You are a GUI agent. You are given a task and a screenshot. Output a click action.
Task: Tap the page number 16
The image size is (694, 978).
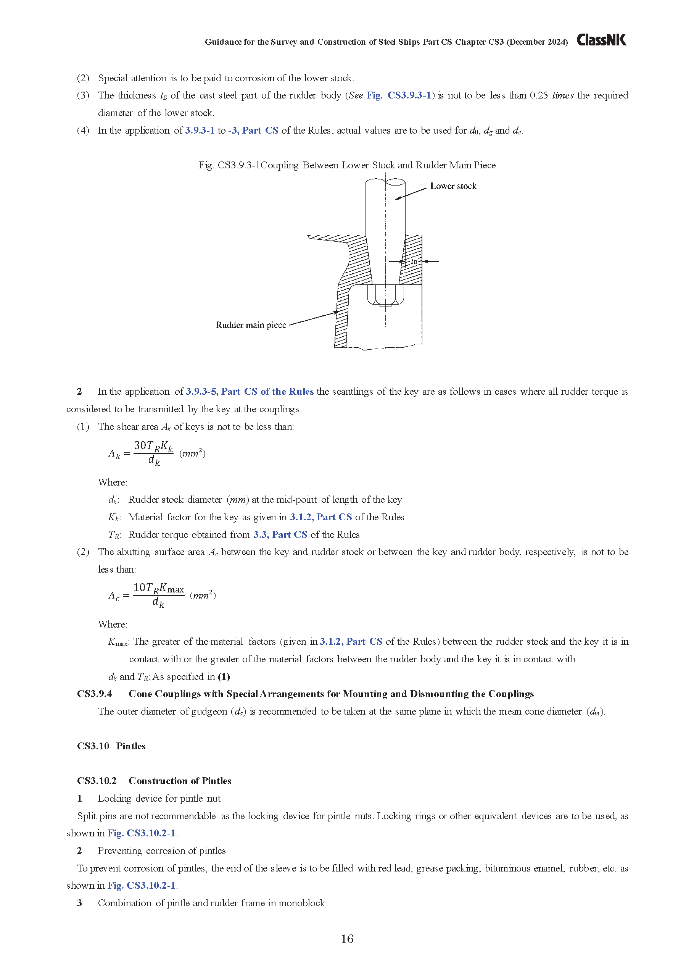[x=347, y=939]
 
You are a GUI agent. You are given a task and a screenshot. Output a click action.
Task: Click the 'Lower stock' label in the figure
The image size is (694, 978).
[x=453, y=186]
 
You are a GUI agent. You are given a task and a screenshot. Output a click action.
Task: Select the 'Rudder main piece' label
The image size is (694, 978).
[x=251, y=325]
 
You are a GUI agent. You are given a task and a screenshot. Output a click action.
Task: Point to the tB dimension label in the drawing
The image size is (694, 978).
[x=414, y=261]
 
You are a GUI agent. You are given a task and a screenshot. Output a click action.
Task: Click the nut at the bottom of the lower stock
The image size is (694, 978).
[x=385, y=295]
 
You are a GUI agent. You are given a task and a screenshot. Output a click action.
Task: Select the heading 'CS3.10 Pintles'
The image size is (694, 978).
[x=111, y=746]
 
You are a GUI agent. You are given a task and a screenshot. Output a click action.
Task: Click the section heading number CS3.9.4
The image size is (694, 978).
[x=95, y=694]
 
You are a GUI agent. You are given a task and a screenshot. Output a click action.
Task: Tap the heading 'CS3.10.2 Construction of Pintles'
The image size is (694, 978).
[x=154, y=781]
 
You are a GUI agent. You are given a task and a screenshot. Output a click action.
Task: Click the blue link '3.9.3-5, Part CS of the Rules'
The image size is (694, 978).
[x=250, y=392]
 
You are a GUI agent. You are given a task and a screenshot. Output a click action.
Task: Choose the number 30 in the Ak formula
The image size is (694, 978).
[x=140, y=445]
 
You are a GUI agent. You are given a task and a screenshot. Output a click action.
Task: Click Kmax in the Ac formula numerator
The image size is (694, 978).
[x=172, y=588]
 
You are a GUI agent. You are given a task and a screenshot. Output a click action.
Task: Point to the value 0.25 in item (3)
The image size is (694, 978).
[x=538, y=95]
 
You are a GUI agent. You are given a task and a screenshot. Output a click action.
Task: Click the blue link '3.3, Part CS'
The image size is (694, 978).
[x=280, y=534]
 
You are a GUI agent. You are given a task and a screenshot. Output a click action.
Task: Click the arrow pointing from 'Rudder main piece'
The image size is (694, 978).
[x=313, y=319]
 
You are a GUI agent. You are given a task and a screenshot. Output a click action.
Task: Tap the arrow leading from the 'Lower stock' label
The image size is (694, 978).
[x=411, y=194]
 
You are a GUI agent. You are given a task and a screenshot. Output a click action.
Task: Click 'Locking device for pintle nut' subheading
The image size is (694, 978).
[x=159, y=798]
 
